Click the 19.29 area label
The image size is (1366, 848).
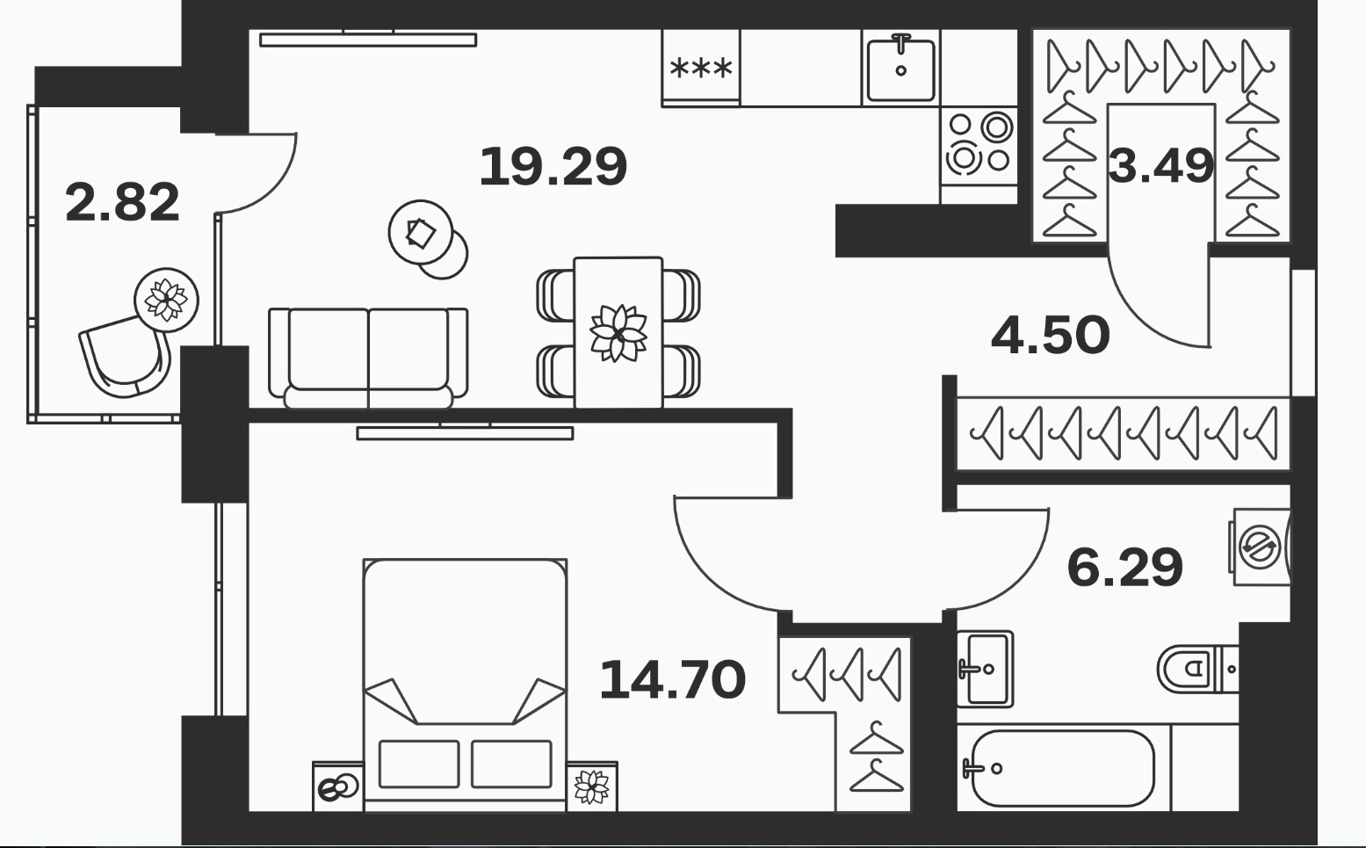pyautogui.click(x=553, y=167)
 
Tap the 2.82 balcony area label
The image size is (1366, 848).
pyautogui.click(x=123, y=202)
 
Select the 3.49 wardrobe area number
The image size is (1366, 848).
pyautogui.click(x=1160, y=166)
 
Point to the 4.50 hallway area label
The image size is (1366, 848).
pyautogui.click(x=1050, y=335)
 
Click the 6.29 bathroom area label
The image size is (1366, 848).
pyautogui.click(x=1125, y=568)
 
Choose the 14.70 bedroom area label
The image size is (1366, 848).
pyautogui.click(x=673, y=679)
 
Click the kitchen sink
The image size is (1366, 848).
pyautogui.click(x=900, y=68)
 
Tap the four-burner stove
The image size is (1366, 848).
pyautogui.click(x=979, y=147)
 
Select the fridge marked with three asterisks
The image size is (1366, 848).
pyautogui.click(x=701, y=68)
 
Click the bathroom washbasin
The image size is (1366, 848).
pyautogui.click(x=984, y=669)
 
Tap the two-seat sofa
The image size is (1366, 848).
pyautogui.click(x=368, y=359)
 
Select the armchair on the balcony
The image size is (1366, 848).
pyautogui.click(x=126, y=357)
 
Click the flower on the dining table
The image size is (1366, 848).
pyautogui.click(x=618, y=333)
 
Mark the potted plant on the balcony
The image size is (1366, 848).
pyautogui.click(x=166, y=301)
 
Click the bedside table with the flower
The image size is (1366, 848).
pyautogui.click(x=591, y=786)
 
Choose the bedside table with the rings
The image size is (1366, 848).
pyautogui.click(x=338, y=786)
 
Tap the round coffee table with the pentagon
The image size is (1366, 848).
pyautogui.click(x=421, y=233)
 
